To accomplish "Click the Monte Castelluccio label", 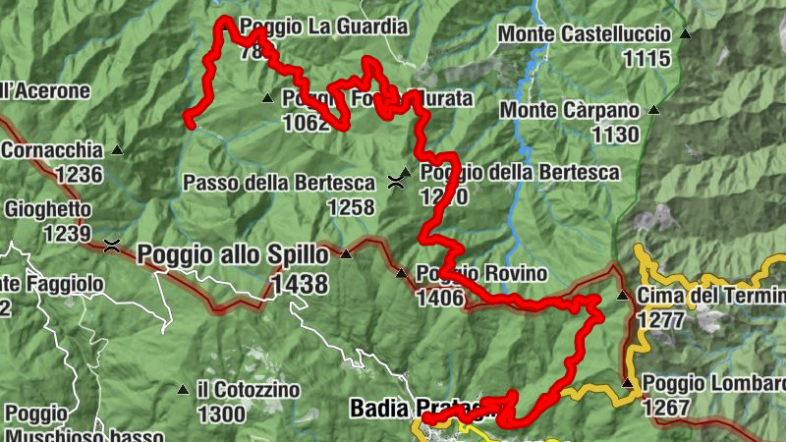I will pyautogui.click(x=585, y=34).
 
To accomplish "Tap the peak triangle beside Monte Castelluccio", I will pyautogui.click(x=685, y=34).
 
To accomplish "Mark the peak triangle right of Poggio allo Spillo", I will pyautogui.click(x=345, y=254).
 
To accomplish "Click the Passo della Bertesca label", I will pyautogui.click(x=279, y=183).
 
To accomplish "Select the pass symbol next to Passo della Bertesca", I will pyautogui.click(x=397, y=181).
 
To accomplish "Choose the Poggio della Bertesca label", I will pyautogui.click(x=520, y=173).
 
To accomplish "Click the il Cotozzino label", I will pyautogui.click(x=248, y=390).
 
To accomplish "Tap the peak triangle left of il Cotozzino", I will pyautogui.click(x=182, y=390).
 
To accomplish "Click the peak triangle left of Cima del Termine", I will pyautogui.click(x=621, y=295).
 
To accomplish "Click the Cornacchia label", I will pyautogui.click(x=53, y=150).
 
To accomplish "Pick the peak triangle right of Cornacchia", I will pyautogui.click(x=117, y=150).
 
